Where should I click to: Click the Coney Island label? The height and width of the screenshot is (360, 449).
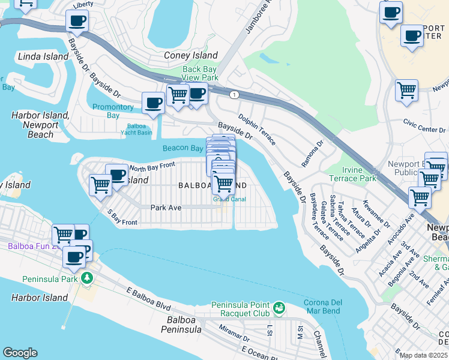tap(191, 56)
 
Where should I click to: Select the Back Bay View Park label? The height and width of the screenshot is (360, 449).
tap(200, 73)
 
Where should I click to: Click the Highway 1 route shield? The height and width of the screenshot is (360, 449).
tap(233, 95)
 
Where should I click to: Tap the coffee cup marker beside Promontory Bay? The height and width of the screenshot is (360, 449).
tap(153, 103)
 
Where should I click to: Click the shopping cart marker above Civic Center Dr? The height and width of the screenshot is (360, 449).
tap(406, 91)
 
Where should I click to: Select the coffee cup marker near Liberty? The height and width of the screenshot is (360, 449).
tap(77, 21)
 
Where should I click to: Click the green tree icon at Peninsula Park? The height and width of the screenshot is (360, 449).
tap(87, 277)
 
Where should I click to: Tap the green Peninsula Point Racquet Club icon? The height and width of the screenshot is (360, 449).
tap(279, 308)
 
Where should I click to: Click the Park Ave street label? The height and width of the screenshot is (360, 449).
tap(166, 208)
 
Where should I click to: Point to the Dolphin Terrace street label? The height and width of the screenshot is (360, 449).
tap(257, 130)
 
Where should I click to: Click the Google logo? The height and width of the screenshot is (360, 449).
tap(20, 353)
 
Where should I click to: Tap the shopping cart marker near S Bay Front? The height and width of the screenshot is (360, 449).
tap(100, 185)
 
